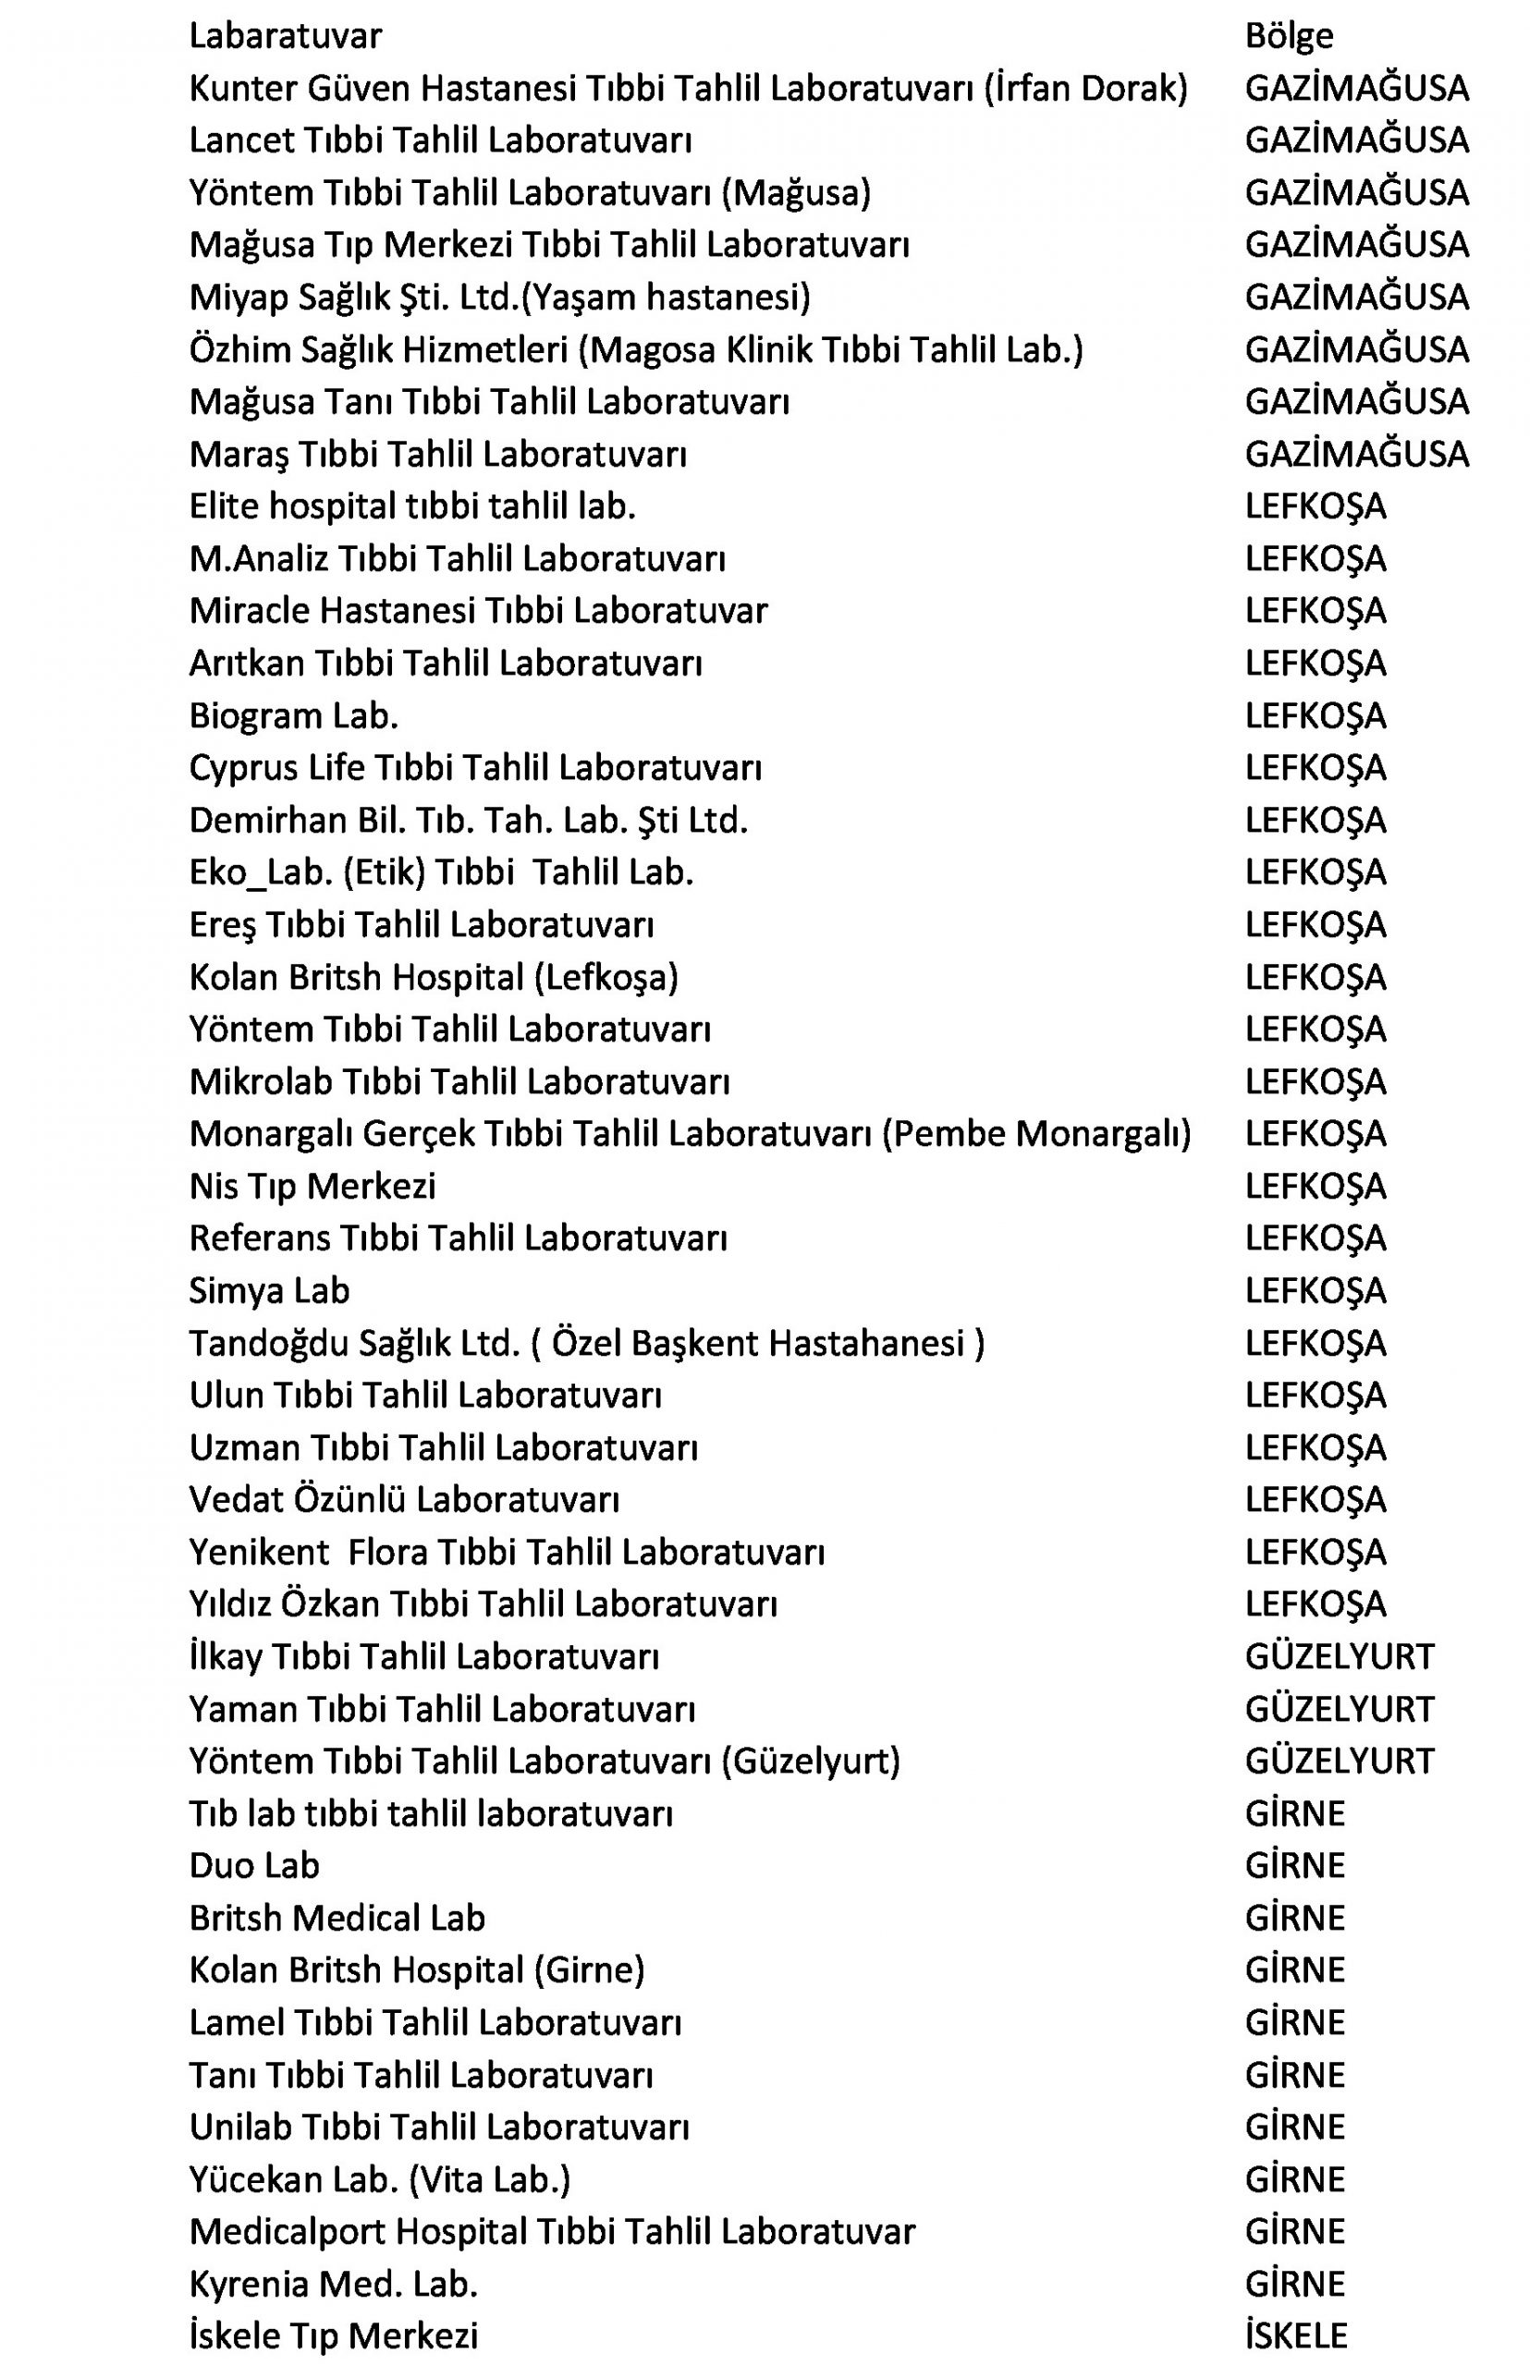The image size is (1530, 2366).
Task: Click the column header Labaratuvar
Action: point(285,36)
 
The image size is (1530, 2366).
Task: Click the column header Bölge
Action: point(1289,36)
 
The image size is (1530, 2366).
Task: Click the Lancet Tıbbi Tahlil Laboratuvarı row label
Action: point(440,140)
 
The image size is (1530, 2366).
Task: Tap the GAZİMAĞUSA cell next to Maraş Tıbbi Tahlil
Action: point(1356,454)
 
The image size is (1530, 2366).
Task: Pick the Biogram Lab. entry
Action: point(293,715)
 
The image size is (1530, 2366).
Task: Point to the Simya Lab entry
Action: point(269,1290)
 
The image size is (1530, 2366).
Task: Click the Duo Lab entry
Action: point(254,1865)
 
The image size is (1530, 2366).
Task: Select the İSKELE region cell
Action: point(1295,2336)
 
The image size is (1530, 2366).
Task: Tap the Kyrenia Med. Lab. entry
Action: point(333,2284)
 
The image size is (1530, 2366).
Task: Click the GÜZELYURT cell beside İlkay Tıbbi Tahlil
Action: point(1340,1656)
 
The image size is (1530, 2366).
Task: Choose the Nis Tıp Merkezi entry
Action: point(312,1186)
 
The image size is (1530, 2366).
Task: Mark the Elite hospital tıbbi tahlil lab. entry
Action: point(411,506)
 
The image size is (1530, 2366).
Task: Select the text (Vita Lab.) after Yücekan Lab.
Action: point(490,2179)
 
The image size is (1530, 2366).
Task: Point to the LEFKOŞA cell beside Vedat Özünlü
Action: point(1315,1499)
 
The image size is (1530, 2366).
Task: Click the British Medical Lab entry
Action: point(337,1918)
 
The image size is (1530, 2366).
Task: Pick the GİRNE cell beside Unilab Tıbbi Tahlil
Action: point(1294,2127)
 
